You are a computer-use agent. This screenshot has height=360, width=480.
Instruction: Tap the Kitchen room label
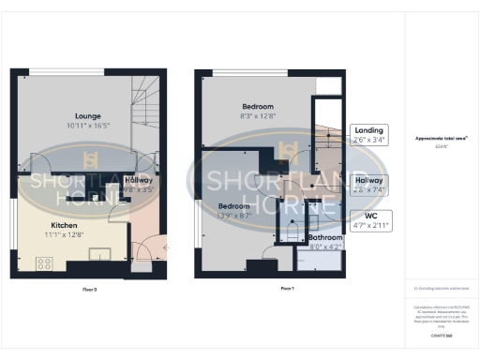pyautogui.click(x=64, y=226)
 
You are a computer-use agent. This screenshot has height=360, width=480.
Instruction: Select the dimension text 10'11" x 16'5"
pyautogui.click(x=76, y=124)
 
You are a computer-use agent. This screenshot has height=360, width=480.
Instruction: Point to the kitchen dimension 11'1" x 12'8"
pyautogui.click(x=64, y=234)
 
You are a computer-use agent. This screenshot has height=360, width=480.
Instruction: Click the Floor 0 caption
pyautogui.click(x=89, y=289)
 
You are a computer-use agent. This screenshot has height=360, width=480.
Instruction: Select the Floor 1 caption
pyautogui.click(x=287, y=289)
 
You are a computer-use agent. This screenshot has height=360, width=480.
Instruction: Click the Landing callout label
pyautogui.click(x=365, y=131)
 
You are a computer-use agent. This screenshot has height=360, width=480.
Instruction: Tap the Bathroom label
pyautogui.click(x=326, y=238)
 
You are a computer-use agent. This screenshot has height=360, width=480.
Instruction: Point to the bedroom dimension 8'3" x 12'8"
pyautogui.click(x=256, y=115)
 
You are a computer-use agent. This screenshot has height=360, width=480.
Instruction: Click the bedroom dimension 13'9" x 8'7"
pyautogui.click(x=234, y=215)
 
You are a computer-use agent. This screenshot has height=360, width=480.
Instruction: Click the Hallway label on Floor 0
pyautogui.click(x=139, y=180)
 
